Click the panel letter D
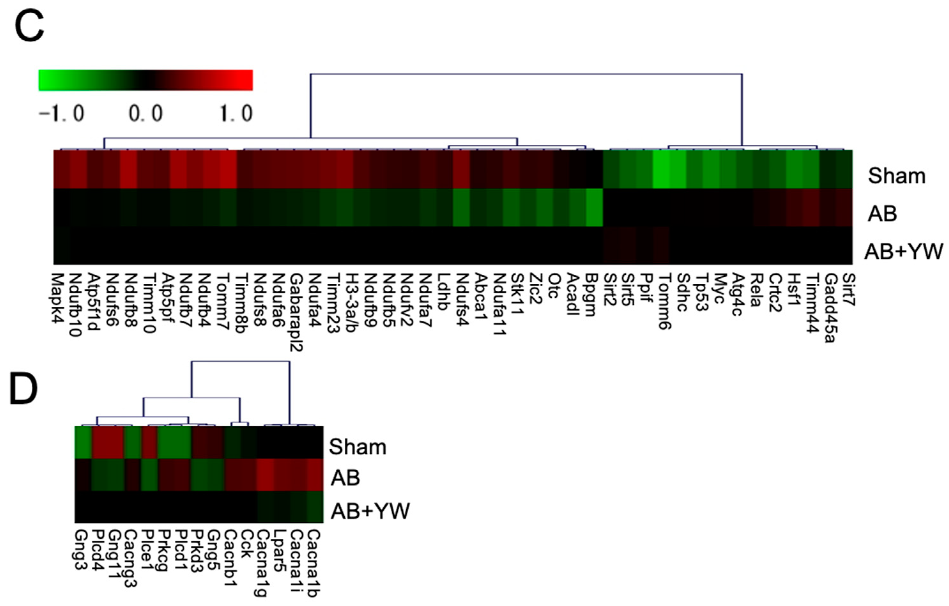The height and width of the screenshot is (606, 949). [x=24, y=389]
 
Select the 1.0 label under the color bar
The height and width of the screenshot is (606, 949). [x=236, y=114]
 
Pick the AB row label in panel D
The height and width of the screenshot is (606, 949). [x=345, y=478]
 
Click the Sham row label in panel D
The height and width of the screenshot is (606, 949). [x=357, y=447]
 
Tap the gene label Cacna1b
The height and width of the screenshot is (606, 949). [x=314, y=563]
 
